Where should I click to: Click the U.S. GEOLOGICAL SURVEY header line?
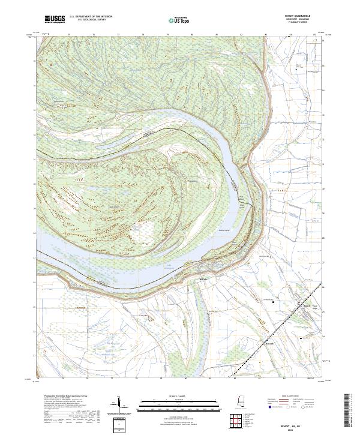[90, 20]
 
